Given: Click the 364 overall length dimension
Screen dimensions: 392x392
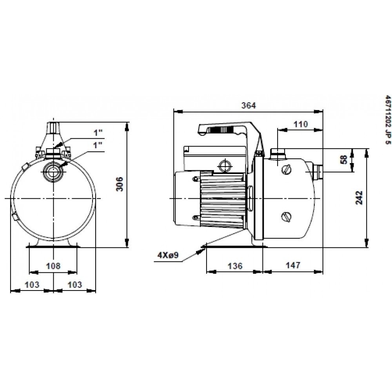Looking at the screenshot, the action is point(249,105).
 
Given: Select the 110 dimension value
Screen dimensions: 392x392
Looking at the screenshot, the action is point(300,124).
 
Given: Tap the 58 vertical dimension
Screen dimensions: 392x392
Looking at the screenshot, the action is point(344,159).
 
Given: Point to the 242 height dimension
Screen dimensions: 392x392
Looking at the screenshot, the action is point(359,198).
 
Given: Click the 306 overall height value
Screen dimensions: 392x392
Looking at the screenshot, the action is point(120,184).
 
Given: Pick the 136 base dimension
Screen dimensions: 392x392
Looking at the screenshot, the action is point(235,265).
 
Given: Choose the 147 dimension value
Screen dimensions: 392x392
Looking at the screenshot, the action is point(292,265).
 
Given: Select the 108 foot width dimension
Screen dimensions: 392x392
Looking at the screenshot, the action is point(53,265).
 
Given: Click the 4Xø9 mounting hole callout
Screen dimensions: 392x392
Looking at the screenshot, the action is point(168,255).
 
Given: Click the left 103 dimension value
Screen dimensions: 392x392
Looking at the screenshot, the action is point(32,285).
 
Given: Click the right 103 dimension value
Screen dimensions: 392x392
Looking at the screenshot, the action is point(75,285).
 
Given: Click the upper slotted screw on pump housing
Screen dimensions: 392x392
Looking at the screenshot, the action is point(287,170).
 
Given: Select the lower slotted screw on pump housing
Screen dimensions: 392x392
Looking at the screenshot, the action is point(287,216).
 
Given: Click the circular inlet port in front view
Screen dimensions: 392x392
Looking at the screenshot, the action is point(52,171).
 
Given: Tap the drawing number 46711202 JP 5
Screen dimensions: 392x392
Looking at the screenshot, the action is point(387,120).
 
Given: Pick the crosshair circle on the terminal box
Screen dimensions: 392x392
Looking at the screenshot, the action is point(224,165).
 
